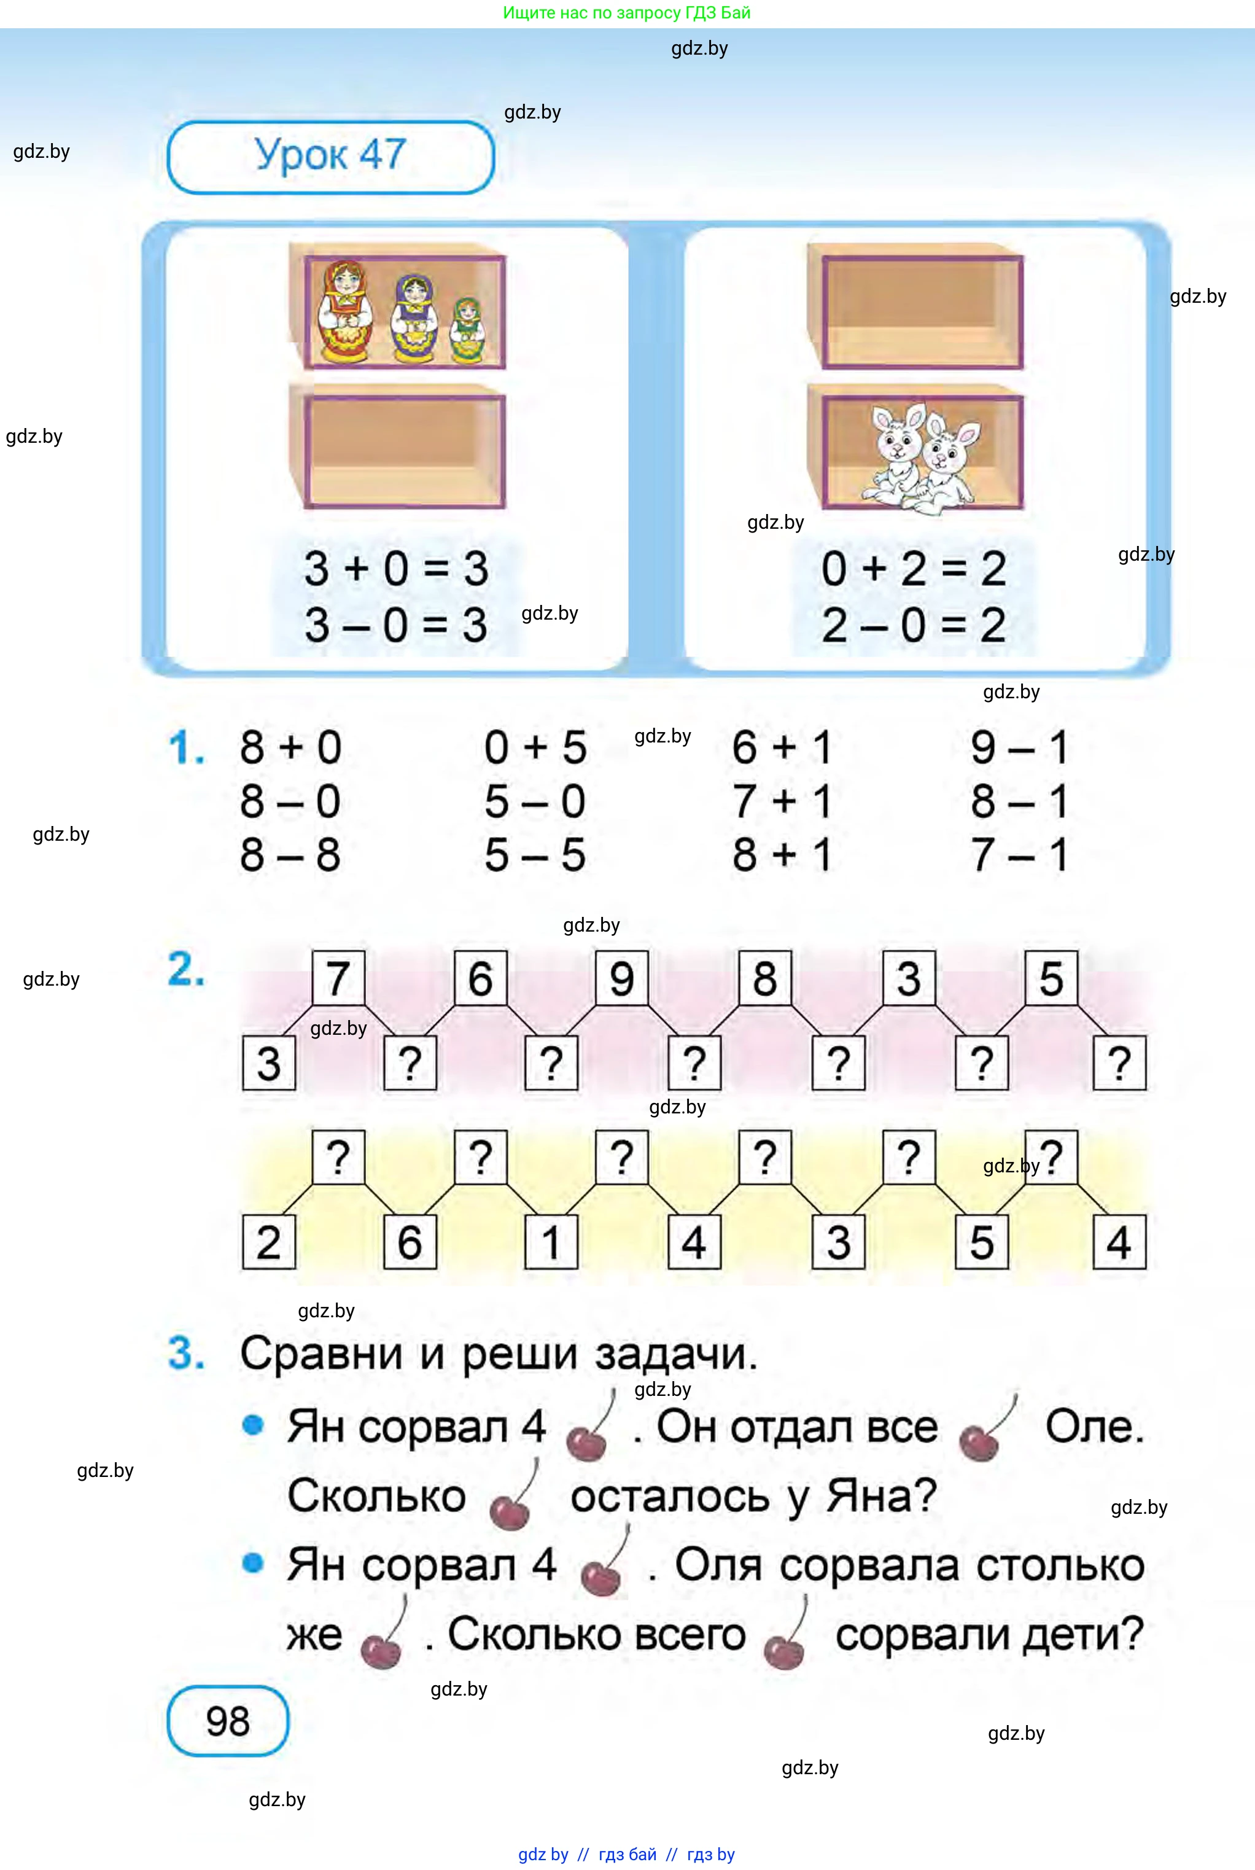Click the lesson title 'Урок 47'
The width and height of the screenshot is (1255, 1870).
pyautogui.click(x=330, y=155)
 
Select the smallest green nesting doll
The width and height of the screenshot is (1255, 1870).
pyautogui.click(x=466, y=330)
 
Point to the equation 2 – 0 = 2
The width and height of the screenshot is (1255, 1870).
pyautogui.click(x=913, y=625)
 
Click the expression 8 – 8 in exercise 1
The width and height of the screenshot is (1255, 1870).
pyautogui.click(x=290, y=855)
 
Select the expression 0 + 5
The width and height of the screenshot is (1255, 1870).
pyautogui.click(x=535, y=747)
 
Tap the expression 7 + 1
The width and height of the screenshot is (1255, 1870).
pyautogui.click(x=782, y=801)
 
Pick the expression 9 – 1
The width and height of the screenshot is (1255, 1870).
pyautogui.click(x=1019, y=747)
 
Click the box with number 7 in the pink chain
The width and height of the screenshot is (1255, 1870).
pyautogui.click(x=338, y=978)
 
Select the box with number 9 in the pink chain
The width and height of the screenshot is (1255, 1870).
pyautogui.click(x=622, y=978)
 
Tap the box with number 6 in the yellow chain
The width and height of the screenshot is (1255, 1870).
pyautogui.click(x=410, y=1242)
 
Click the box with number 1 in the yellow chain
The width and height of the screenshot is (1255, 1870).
pyautogui.click(x=551, y=1242)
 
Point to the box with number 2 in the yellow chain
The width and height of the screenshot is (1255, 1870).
pyautogui.click(x=269, y=1242)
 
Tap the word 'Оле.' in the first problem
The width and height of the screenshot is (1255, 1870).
pyautogui.click(x=1094, y=1427)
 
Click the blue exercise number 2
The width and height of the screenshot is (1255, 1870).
pyautogui.click(x=185, y=970)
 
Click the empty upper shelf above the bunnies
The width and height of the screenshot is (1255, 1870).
pyautogui.click(x=914, y=308)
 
